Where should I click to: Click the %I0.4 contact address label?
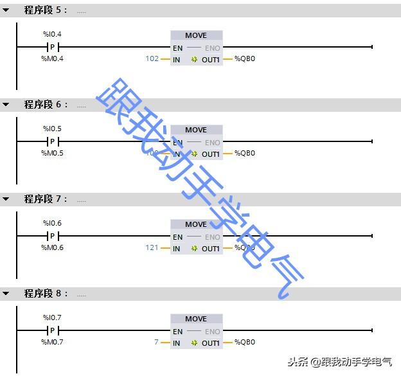pyautogui.click(x=52, y=34)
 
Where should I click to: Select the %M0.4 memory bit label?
pyautogui.click(x=52, y=58)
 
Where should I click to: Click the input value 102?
pyautogui.click(x=152, y=59)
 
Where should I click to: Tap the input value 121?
pyautogui.click(x=152, y=248)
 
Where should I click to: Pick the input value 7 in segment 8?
pyautogui.click(x=156, y=343)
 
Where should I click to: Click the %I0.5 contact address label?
pyautogui.click(x=52, y=129)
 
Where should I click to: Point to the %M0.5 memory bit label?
pyautogui.click(x=52, y=153)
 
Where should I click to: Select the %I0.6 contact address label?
pyautogui.click(x=52, y=223)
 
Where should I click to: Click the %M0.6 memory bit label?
pyautogui.click(x=52, y=247)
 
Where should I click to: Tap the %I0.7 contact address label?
pyautogui.click(x=52, y=318)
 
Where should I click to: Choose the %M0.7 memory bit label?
pyautogui.click(x=52, y=342)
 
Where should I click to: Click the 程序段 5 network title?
pyautogui.click(x=45, y=10)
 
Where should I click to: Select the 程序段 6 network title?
pyautogui.click(x=45, y=105)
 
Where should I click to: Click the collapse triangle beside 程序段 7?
pyautogui.click(x=6, y=199)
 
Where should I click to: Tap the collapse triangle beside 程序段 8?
pyautogui.click(x=6, y=294)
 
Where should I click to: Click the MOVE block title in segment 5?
pyautogui.click(x=196, y=35)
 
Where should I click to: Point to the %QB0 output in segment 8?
pyautogui.click(x=245, y=343)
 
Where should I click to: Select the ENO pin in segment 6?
pyautogui.click(x=212, y=142)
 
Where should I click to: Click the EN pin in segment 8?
pyautogui.click(x=177, y=331)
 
